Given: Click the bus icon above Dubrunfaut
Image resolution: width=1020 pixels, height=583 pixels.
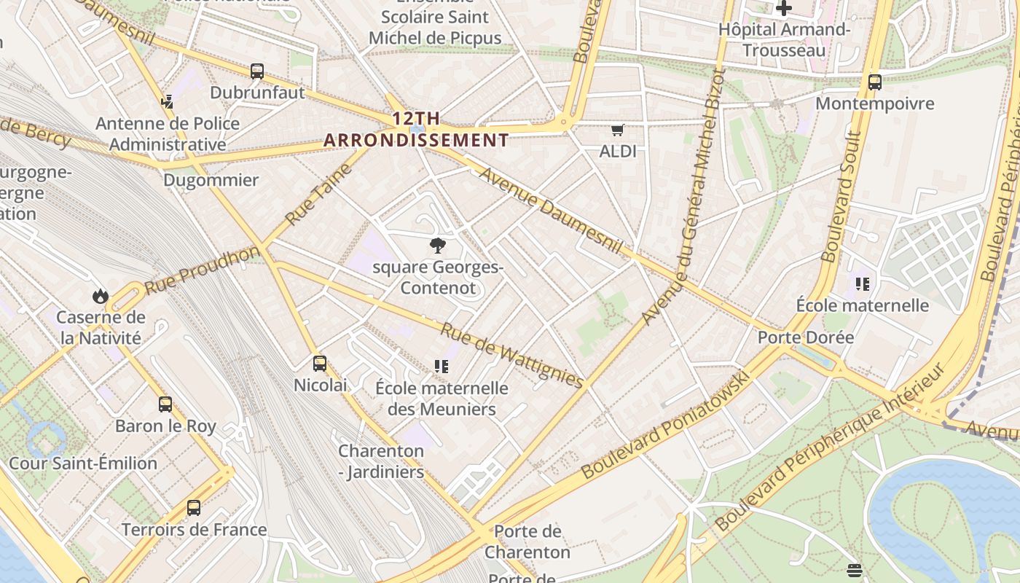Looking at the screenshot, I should point(257,71).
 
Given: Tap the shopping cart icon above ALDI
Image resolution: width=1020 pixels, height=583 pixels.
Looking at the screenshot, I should point(618,130).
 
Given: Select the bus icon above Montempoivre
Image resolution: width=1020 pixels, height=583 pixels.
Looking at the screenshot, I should point(875,82).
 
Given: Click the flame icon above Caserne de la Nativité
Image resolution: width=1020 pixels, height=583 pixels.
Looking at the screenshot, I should point(101,296).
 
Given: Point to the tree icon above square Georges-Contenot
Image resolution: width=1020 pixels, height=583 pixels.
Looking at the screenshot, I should point(438,246).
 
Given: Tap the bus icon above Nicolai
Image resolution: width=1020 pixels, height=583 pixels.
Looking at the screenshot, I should point(320,364).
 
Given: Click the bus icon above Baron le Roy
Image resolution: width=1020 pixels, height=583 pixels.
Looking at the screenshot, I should point(165,404).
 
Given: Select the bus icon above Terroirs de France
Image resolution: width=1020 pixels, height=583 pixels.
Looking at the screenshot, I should point(194,508).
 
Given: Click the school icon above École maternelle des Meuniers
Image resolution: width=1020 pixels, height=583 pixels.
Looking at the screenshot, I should point(441,366).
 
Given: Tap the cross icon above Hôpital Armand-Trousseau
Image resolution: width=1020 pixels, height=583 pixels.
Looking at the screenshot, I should point(784,9).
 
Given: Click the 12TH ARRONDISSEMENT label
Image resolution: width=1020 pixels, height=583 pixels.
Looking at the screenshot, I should point(416,129).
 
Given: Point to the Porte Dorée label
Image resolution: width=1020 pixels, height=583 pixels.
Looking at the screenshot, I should point(805,337).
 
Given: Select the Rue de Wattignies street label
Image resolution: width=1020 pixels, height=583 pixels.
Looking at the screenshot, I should point(511,355).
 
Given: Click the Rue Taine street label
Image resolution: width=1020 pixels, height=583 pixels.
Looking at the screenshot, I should point(318,194).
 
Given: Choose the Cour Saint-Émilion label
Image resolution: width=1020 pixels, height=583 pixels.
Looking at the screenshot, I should point(83,463).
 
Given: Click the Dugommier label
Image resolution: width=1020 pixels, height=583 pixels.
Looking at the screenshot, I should point(211,180).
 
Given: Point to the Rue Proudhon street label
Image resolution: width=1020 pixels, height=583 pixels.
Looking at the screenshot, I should point(202,270).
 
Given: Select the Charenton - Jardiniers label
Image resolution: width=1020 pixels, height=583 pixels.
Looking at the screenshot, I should point(381,461).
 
